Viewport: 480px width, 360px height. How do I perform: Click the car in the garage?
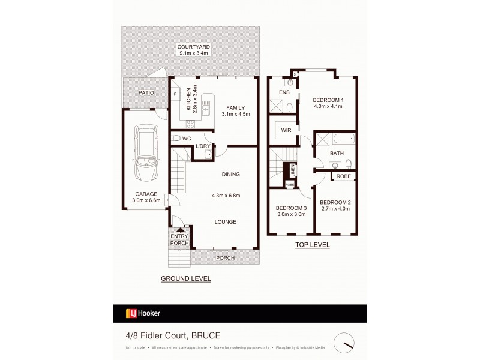click(x=145, y=153)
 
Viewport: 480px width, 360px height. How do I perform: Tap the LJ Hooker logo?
click(x=143, y=313)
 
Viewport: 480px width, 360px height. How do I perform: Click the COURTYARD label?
click(x=189, y=47)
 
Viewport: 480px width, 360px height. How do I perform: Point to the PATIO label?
click(x=146, y=93)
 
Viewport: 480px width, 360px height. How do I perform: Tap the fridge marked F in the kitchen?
click(x=175, y=95)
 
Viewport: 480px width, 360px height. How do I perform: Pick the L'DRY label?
click(x=203, y=146)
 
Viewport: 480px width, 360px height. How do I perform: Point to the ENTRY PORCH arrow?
click(x=179, y=229)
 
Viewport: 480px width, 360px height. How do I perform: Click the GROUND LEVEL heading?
click(x=185, y=279)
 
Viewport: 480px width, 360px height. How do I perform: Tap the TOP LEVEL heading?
click(x=312, y=245)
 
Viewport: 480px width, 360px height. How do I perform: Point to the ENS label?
click(x=284, y=92)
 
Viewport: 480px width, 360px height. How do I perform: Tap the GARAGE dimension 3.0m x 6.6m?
click(x=146, y=200)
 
